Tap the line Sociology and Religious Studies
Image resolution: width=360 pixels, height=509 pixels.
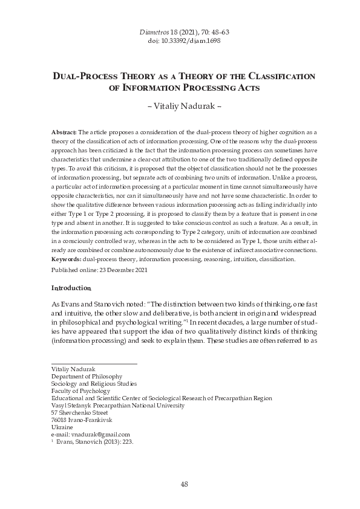point(94,383)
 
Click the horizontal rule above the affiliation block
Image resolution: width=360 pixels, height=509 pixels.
point(94,363)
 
